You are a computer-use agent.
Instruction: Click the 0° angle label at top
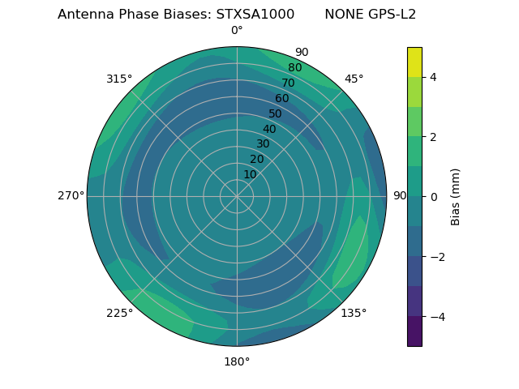(x=237, y=31)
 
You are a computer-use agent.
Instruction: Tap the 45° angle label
(x=354, y=79)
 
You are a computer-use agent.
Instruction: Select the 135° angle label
(x=354, y=313)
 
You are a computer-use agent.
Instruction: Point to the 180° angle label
(x=237, y=361)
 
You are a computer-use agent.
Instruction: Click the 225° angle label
(x=119, y=313)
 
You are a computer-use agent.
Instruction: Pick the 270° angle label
(x=71, y=196)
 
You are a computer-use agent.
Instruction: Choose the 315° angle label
(x=119, y=79)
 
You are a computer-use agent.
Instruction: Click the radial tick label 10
(x=250, y=174)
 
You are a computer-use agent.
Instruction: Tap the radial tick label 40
(x=269, y=129)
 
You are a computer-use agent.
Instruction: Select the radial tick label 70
(x=288, y=83)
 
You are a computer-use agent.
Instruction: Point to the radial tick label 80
(x=294, y=67)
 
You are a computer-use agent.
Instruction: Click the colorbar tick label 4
(x=434, y=77)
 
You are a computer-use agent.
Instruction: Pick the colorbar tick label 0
(x=434, y=196)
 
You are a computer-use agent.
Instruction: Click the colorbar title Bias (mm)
(x=456, y=196)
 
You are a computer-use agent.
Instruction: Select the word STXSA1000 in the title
(x=255, y=15)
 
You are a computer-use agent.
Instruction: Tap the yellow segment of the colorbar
(x=414, y=62)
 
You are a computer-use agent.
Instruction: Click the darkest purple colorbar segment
(x=414, y=331)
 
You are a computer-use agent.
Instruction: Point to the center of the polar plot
(x=237, y=196)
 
